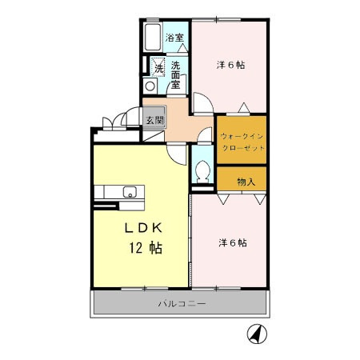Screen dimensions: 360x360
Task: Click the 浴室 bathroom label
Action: pos(174,38)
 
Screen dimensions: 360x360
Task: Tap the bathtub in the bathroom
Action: pos(153,37)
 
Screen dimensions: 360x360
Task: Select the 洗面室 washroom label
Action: pos(175,75)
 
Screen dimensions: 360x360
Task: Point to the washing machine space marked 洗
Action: pos(158,67)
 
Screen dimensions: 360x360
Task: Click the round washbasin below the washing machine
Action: pos(150,86)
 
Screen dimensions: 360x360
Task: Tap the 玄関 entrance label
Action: pos(154,121)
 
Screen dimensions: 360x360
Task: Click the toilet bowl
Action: pos(202,171)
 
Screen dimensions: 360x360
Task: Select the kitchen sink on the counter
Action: pos(130,192)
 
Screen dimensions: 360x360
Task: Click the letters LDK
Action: pos(143,228)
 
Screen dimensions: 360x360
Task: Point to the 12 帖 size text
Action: pos(146,248)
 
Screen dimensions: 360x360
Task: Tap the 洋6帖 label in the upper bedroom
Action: pos(230,65)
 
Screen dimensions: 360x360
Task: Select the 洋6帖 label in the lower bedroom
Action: pos(233,243)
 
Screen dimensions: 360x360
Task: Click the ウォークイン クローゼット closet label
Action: pos(242,142)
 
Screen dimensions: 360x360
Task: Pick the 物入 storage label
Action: pos(246,182)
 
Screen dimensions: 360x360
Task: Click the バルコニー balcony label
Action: pos(182,303)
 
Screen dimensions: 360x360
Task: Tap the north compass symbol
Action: pos(257,334)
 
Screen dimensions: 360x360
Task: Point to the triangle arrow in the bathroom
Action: pos(182,48)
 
